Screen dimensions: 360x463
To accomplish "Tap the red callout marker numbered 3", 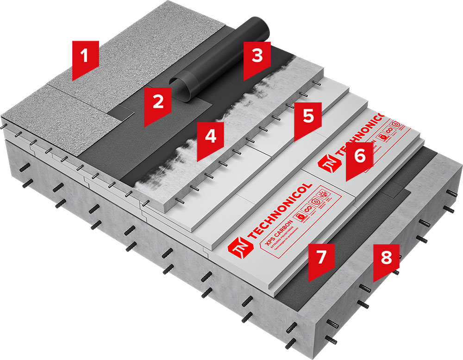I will pos(257,57).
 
